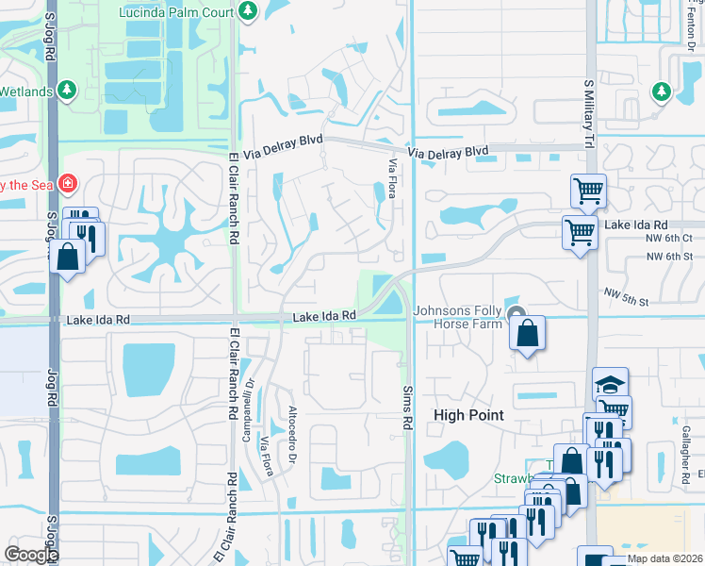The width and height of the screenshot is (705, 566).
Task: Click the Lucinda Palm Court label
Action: coord(175,11)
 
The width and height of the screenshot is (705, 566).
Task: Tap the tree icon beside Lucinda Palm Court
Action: coord(247,11)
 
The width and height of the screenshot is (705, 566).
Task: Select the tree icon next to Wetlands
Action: coord(67,91)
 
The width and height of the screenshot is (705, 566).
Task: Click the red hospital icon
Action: coord(68,182)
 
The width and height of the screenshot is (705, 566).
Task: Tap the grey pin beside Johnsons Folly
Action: coord(515,315)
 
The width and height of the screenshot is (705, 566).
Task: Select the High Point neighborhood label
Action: coord(468,415)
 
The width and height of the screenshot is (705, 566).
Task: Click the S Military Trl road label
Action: coord(588,114)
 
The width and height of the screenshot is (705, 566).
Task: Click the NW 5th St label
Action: coord(629,297)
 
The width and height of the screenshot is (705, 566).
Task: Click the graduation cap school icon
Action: coord(610,384)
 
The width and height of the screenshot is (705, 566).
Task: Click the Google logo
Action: coord(30,555)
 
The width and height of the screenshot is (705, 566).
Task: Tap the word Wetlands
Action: coord(25,91)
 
